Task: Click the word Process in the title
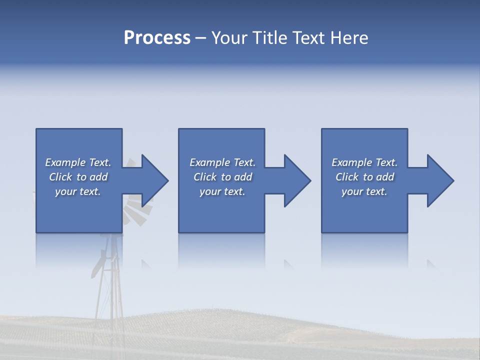pos(157,38)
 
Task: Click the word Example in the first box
pos(65,162)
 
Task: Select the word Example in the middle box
pos(209,162)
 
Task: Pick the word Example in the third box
pos(351,162)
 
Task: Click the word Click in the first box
pos(60,177)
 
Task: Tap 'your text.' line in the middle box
pos(222,191)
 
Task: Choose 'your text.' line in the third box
pos(364,191)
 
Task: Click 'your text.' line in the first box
pos(78,191)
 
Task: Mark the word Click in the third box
pos(347,177)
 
